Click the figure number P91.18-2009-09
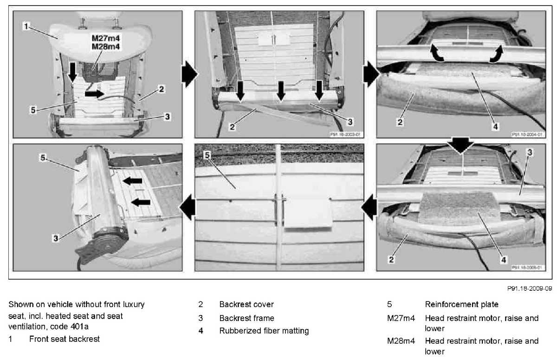[x=528, y=288]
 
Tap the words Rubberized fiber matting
[x=264, y=331]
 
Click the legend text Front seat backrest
[x=64, y=339]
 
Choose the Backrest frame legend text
[x=246, y=318]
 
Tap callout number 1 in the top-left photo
[x=27, y=27]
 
